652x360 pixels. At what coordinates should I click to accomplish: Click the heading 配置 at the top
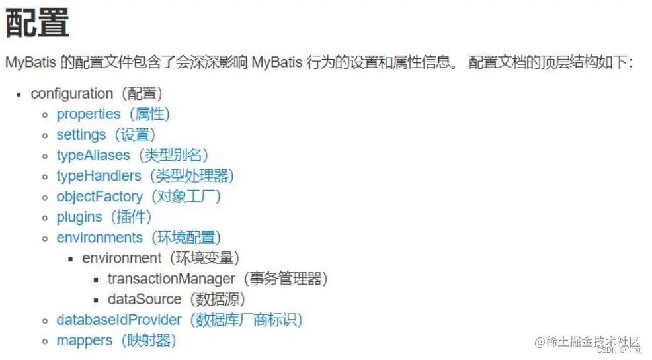click(38, 23)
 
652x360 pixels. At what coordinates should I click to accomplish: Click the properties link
click(89, 114)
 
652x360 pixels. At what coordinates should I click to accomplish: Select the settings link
click(81, 134)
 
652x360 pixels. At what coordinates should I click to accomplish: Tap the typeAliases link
click(93, 155)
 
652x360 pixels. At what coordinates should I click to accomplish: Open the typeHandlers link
click(99, 175)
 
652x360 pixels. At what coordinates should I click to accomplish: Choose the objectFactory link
click(100, 196)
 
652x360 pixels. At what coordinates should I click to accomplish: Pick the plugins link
click(79, 216)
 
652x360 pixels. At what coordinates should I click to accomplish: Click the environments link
click(100, 237)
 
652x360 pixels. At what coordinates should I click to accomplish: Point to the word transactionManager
click(172, 279)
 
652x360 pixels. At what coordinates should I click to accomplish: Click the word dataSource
click(145, 299)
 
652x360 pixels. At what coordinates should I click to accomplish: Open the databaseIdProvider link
click(119, 320)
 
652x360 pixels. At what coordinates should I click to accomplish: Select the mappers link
click(85, 340)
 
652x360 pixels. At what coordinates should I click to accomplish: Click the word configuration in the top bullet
click(72, 93)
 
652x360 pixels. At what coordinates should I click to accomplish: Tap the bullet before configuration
click(20, 94)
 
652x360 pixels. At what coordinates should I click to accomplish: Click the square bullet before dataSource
click(97, 300)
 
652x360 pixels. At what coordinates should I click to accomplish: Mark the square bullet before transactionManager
click(97, 279)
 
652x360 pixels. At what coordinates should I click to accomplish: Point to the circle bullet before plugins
click(45, 217)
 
